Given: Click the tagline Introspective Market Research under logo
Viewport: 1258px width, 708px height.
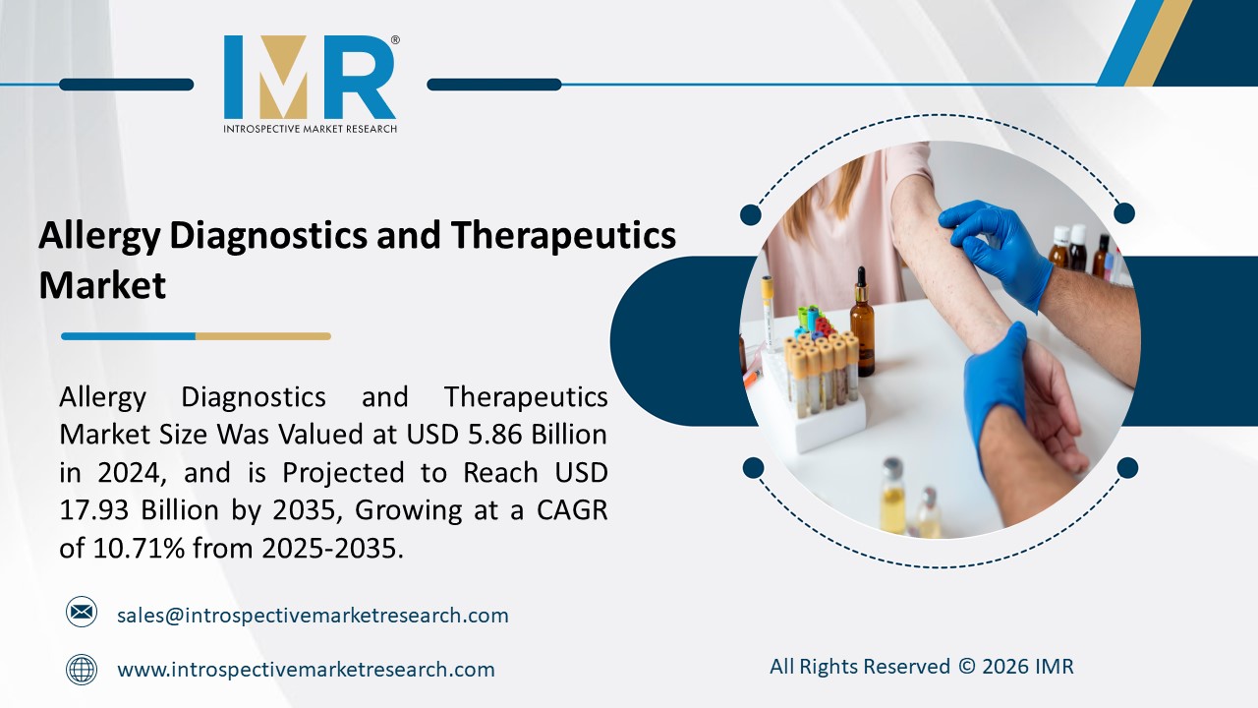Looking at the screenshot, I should (310, 129).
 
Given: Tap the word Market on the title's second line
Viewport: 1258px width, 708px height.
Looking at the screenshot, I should (102, 285).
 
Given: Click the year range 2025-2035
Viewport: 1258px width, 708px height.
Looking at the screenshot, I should (332, 549).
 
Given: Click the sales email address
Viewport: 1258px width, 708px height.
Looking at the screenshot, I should (313, 616).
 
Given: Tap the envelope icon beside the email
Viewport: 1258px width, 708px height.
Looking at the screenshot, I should (82, 613).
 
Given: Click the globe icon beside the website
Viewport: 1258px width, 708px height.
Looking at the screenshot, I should (82, 670).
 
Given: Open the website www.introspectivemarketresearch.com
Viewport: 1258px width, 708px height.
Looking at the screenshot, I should (306, 670).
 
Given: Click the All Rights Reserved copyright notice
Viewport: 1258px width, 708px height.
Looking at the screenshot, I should (921, 667).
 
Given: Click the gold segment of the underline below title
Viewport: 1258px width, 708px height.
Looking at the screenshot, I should (262, 336).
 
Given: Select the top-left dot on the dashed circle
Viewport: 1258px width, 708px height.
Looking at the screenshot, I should (751, 214).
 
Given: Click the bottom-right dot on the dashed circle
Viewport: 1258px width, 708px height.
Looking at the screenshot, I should (1127, 467).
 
